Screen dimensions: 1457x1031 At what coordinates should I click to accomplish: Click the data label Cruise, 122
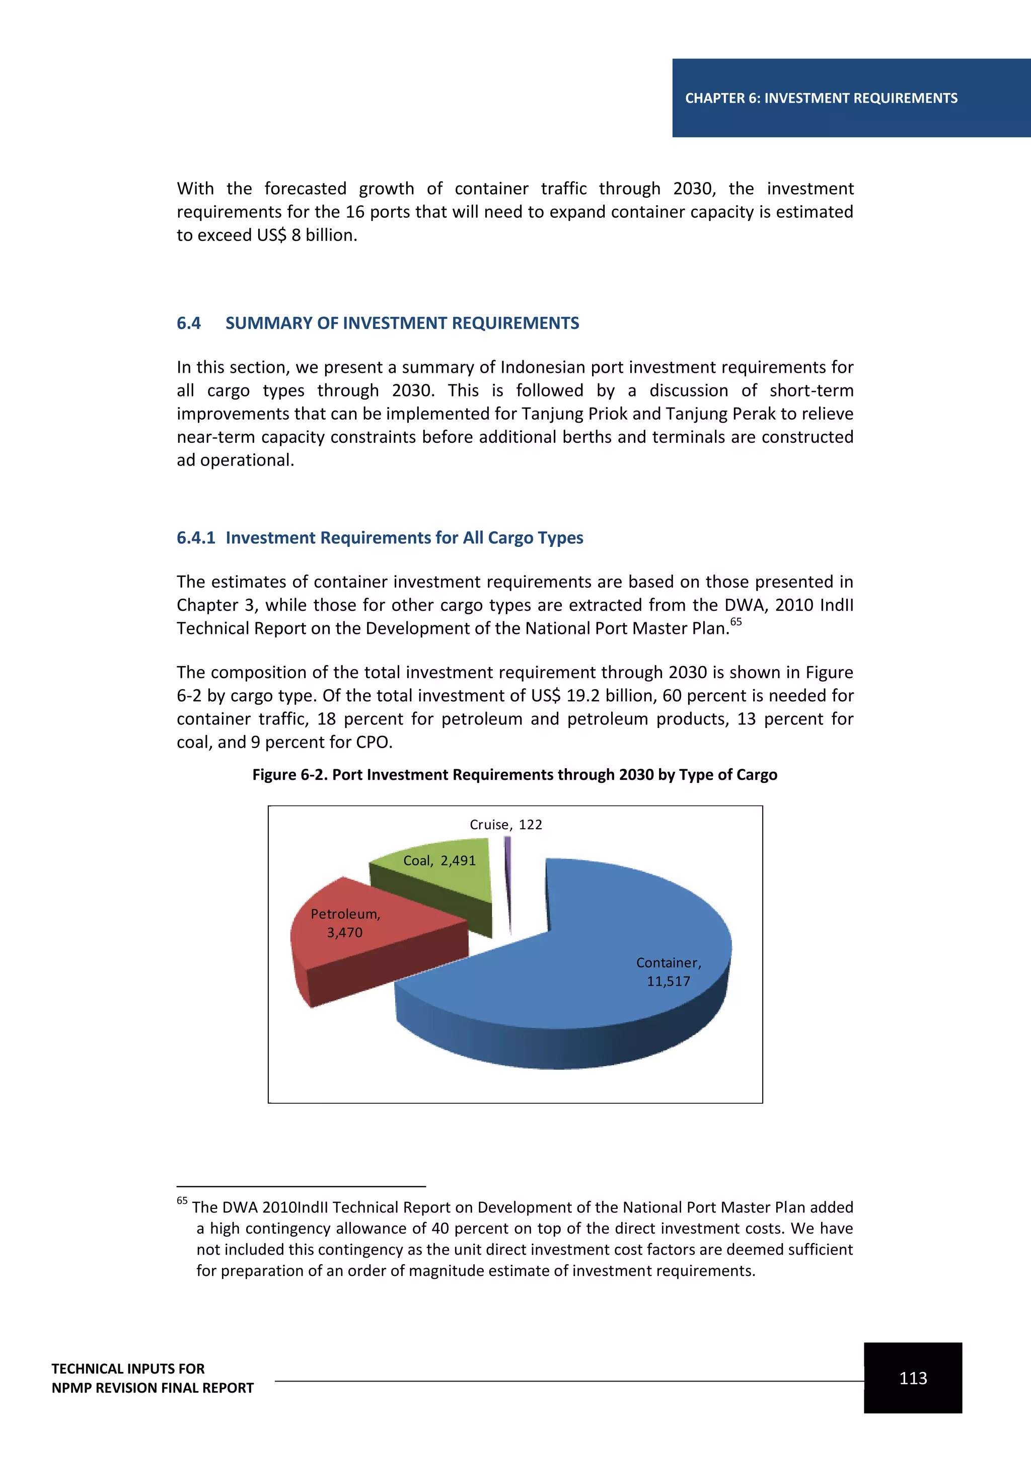tap(505, 824)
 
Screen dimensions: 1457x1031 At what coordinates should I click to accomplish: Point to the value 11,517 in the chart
tap(668, 981)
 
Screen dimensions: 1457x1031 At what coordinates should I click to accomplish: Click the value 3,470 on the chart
tap(345, 932)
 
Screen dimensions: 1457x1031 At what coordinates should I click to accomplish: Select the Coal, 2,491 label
tap(439, 860)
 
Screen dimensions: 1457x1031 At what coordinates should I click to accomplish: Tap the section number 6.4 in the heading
tap(189, 323)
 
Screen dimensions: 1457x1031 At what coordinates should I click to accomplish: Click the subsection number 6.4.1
tap(195, 537)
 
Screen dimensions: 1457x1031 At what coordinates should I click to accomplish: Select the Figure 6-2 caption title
tap(514, 775)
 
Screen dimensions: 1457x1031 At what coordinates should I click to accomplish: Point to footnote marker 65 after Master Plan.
tap(736, 621)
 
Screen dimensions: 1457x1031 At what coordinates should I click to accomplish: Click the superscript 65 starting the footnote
tap(182, 1200)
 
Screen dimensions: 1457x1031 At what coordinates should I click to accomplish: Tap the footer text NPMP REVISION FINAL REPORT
tap(153, 1388)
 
